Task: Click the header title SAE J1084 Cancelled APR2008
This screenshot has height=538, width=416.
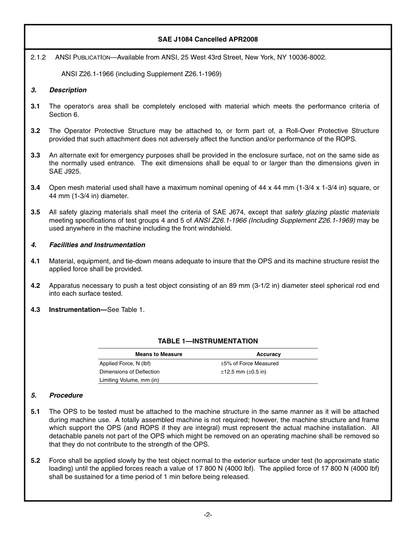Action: coord(208,39)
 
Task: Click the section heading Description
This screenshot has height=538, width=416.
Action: coord(68,90)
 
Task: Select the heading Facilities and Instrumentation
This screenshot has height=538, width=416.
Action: coord(97,245)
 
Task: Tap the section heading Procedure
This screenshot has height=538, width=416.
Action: coord(66,395)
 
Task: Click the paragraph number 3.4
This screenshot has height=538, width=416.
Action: coord(35,188)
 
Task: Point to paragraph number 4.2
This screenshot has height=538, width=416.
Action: coord(35,286)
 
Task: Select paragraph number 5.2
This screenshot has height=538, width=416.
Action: coord(35,461)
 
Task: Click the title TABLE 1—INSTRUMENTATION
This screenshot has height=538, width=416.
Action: coord(208,341)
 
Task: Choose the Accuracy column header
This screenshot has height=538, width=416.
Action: coord(268,354)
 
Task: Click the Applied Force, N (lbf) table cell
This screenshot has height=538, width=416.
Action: coord(125,363)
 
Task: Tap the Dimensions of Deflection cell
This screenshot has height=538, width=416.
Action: coord(130,372)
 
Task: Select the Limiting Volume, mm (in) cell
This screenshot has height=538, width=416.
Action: coord(129,380)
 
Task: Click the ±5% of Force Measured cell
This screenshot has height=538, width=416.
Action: coord(249,363)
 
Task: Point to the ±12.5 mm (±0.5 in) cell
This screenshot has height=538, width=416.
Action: coord(243,372)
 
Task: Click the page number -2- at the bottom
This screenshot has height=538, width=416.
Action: coord(208,515)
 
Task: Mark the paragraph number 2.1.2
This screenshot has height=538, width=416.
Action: coord(38,57)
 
